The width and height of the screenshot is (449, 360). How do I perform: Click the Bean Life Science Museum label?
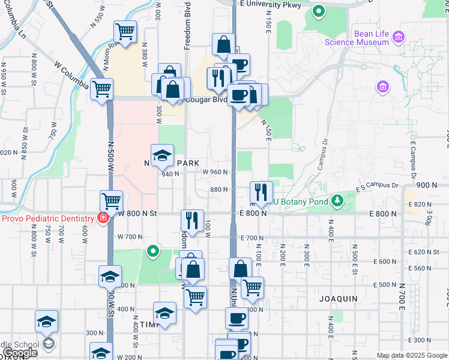(x=357, y=38)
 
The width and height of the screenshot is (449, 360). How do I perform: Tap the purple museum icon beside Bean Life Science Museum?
(x=397, y=38)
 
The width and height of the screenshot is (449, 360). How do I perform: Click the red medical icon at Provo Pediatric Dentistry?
(x=103, y=217)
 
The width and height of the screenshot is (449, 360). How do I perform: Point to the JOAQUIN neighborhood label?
(x=338, y=298)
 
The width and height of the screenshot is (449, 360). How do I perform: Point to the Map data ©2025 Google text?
(x=412, y=355)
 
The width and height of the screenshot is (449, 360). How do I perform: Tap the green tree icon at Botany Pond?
(x=337, y=199)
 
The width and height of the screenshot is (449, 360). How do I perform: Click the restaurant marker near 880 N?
(x=261, y=192)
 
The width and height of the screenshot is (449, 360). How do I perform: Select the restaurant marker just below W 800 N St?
(x=192, y=220)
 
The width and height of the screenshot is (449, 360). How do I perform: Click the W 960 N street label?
(x=215, y=172)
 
